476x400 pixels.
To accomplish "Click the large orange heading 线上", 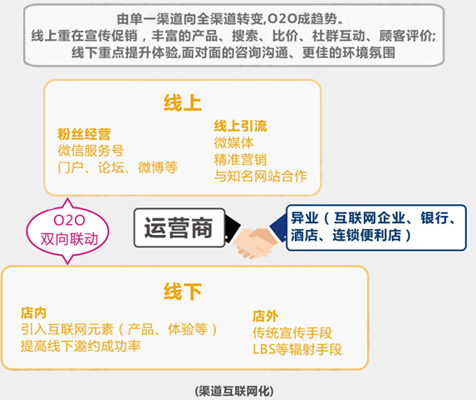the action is [183, 103].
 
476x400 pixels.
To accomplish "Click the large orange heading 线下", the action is [183, 291].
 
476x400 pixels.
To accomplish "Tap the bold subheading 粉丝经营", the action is [84, 134].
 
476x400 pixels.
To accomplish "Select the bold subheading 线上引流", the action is [240, 126].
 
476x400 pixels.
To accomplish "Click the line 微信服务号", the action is [91, 151].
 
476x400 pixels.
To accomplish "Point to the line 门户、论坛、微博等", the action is [118, 167].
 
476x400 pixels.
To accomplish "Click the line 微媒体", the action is [233, 143].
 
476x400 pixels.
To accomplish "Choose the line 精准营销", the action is [240, 159].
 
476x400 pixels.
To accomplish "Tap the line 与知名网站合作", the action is [261, 176].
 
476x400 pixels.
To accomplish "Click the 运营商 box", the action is [179, 227].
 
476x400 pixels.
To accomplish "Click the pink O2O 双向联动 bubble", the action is [67, 232].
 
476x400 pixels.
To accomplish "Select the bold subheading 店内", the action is [34, 313].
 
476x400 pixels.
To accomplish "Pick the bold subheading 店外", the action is [265, 316].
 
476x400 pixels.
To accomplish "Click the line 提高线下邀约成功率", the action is [81, 346].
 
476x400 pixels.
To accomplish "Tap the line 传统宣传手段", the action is [292, 333].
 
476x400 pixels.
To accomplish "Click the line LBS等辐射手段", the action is [297, 349].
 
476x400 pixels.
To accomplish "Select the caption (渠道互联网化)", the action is [234, 391].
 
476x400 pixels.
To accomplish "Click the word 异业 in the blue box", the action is [305, 218].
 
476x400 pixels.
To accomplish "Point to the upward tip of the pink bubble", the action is [67, 198].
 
